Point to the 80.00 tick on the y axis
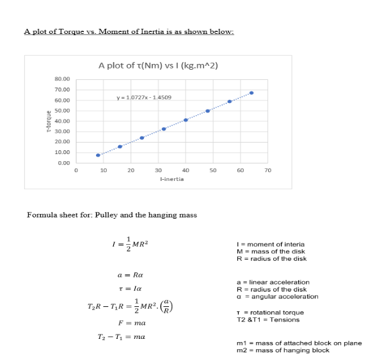63,80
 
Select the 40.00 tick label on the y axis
63,121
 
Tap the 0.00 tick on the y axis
65,163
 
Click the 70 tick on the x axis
268,171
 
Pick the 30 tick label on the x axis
158,171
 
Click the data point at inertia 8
98,155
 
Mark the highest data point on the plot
252,93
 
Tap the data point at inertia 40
186,120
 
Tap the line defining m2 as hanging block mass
283,350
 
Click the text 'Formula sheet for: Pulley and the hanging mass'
111,215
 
